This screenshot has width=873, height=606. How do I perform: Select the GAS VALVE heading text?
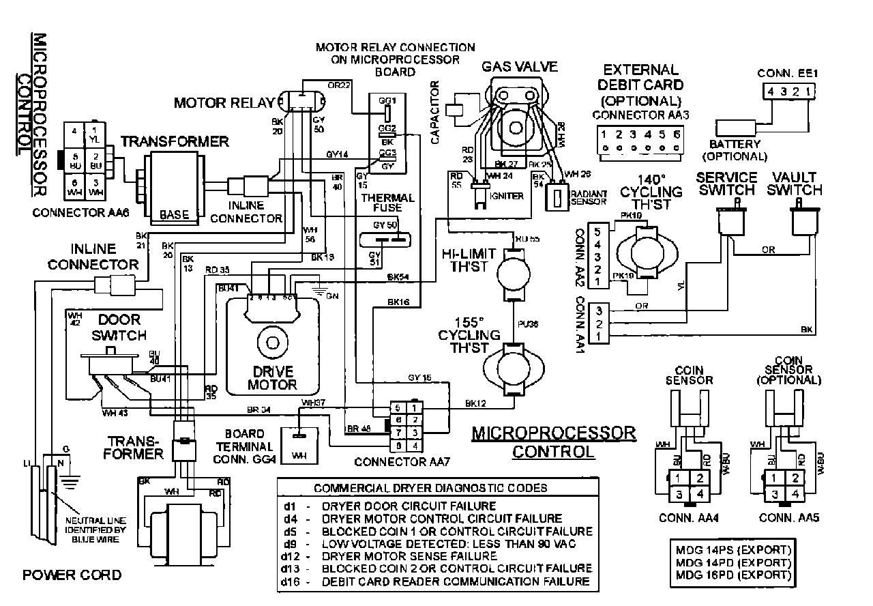coord(520,67)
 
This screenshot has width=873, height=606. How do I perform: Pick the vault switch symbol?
coord(803,222)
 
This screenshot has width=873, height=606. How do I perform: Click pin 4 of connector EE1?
coord(769,91)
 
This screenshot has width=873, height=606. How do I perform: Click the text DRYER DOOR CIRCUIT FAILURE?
coord(409,506)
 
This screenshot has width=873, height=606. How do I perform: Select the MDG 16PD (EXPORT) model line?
coord(734,575)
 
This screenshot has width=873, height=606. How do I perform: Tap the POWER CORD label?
coord(72,575)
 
